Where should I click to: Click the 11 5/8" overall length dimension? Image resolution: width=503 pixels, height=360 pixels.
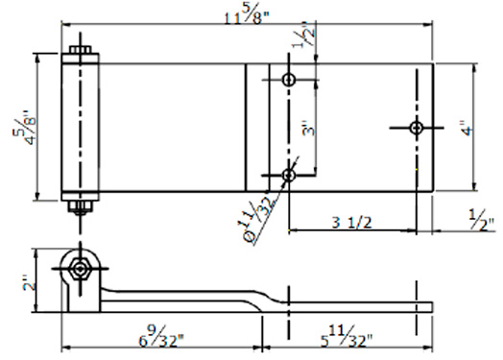pos(247,16)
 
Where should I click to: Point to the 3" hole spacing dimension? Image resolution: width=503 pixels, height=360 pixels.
pos(308,128)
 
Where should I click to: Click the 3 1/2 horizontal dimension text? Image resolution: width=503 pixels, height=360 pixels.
pos(352,223)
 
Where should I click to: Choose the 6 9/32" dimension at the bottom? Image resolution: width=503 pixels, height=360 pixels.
pos(161,336)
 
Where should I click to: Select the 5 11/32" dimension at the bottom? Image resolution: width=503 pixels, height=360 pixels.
pos(347,336)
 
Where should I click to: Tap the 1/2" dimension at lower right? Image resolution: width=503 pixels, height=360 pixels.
pos(482,220)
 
